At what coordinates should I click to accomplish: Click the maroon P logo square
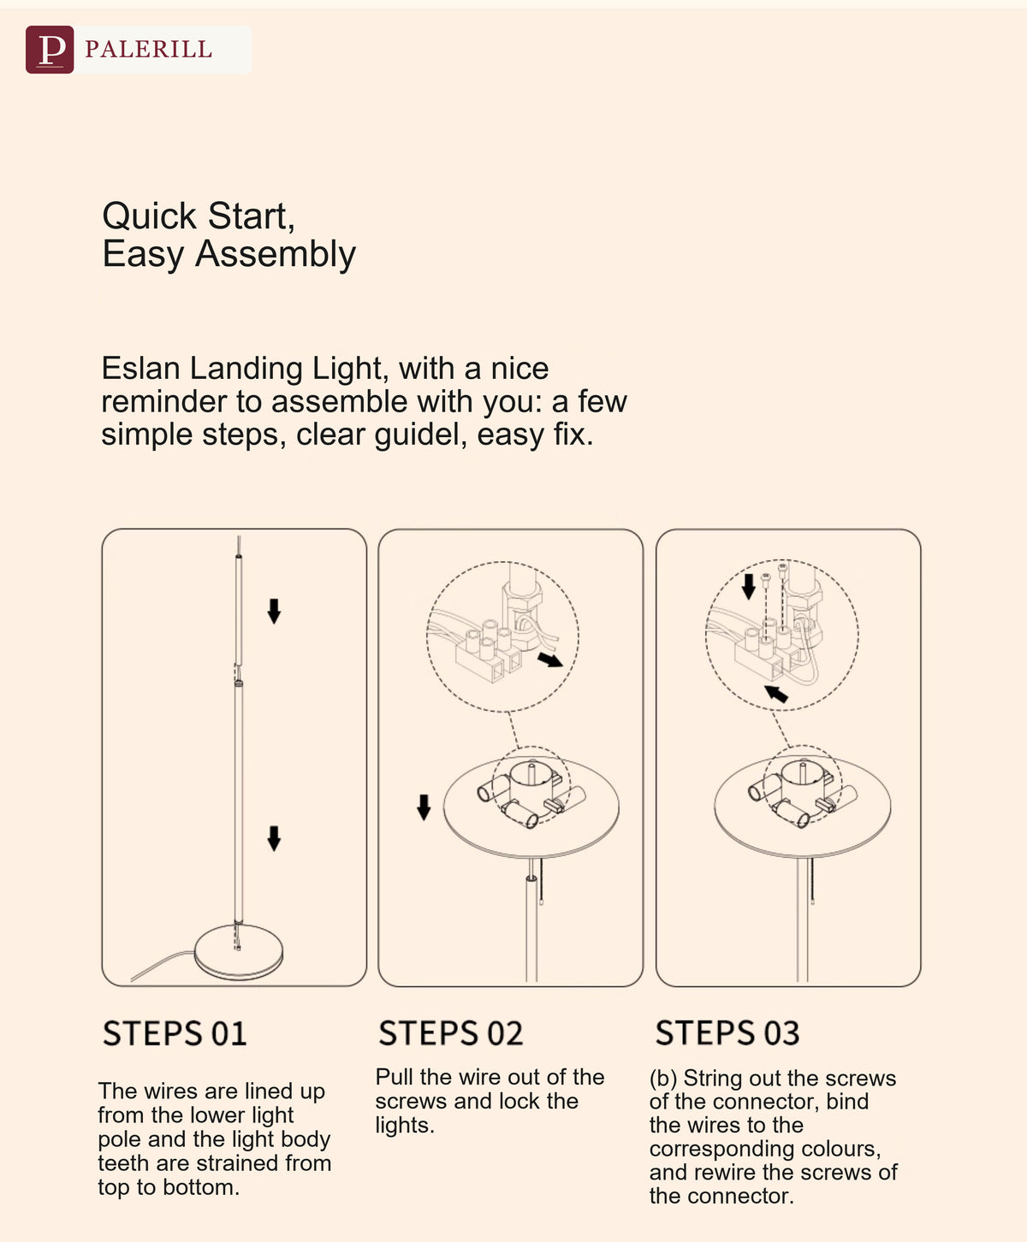pyautogui.click(x=50, y=50)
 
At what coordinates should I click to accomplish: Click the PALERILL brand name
pyautogui.click(x=148, y=50)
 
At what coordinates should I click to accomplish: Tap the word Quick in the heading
pyautogui.click(x=149, y=216)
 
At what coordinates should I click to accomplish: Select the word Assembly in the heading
pyautogui.click(x=275, y=255)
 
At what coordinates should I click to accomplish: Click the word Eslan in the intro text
pyautogui.click(x=140, y=368)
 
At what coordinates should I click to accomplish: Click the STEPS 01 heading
pyautogui.click(x=175, y=1033)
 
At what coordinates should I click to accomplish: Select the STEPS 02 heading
pyautogui.click(x=451, y=1032)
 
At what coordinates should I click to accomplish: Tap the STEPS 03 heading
pyautogui.click(x=727, y=1032)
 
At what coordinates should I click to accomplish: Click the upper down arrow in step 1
pyautogui.click(x=274, y=611)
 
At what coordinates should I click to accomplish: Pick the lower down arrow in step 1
pyautogui.click(x=274, y=838)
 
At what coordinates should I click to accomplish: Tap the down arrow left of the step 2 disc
pyautogui.click(x=424, y=807)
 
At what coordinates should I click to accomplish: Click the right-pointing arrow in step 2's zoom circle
pyautogui.click(x=550, y=659)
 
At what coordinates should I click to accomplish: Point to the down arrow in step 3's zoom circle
pyautogui.click(x=748, y=587)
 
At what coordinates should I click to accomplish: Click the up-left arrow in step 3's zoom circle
pyautogui.click(x=775, y=693)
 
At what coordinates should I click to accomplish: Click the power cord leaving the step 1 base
pyautogui.click(x=162, y=966)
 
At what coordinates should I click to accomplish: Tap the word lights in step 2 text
pyautogui.click(x=404, y=1126)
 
